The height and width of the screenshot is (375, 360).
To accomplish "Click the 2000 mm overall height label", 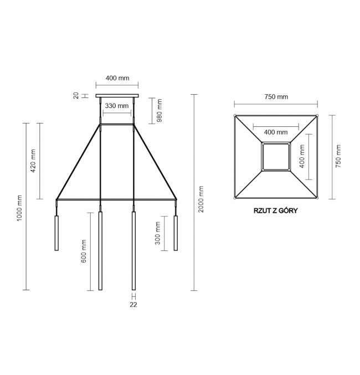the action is pyautogui.click(x=201, y=199).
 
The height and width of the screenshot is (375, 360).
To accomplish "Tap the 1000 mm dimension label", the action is pyautogui.click(x=19, y=208).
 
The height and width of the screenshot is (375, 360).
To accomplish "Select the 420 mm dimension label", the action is pyautogui.click(x=33, y=161).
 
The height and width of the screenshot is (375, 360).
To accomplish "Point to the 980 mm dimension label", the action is pyautogui.click(x=160, y=110).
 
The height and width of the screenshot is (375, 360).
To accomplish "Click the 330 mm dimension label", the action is pyautogui.click(x=117, y=106).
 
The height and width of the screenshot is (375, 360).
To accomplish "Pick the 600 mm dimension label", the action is pyautogui.click(x=84, y=251).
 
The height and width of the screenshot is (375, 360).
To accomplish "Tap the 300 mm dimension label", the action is pyautogui.click(x=157, y=233).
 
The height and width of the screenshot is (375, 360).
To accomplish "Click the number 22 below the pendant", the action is pyautogui.click(x=133, y=305).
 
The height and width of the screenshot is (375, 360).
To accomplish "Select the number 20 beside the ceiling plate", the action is pyautogui.click(x=76, y=96).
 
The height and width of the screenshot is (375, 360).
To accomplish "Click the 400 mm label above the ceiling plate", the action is pyautogui.click(x=117, y=78).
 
